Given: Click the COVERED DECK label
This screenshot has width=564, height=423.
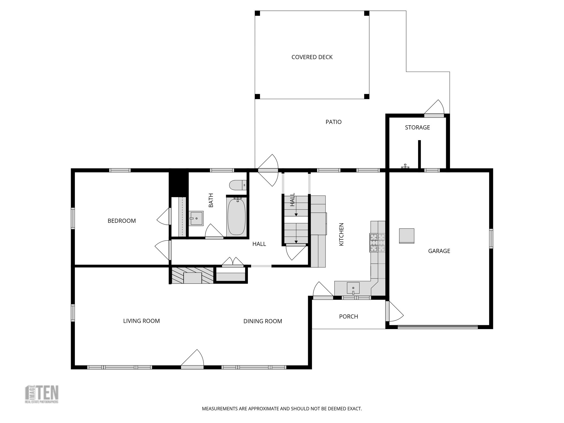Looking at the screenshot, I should (312, 57).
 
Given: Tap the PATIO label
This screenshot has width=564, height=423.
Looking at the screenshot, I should (333, 122).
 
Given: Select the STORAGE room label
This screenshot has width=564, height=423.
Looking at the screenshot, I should (417, 128).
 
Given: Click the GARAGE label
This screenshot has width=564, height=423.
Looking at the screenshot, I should (439, 251).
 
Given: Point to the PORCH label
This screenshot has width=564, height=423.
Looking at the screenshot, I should (348, 317).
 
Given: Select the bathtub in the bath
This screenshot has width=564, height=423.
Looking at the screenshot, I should (237, 217).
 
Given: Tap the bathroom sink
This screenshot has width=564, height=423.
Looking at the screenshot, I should (196, 218).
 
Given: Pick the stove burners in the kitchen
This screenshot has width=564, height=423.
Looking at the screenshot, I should (377, 243).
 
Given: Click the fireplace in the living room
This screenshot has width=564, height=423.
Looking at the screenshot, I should (192, 275).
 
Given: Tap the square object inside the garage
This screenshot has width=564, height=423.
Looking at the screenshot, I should (407, 236).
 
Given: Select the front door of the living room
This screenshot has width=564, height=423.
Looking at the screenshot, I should (192, 367).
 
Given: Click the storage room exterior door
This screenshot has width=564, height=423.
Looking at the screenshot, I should (434, 115).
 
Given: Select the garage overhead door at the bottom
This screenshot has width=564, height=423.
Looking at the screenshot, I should (438, 327).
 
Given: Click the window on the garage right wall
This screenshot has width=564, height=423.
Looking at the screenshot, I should (491, 238).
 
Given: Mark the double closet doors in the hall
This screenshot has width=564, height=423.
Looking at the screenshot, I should (233, 266).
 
